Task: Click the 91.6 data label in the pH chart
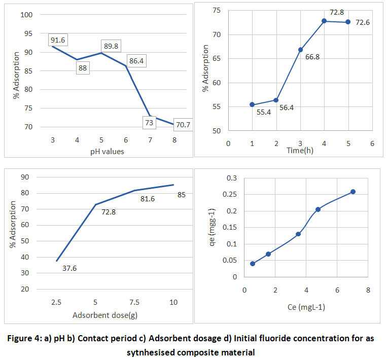tap(58, 40)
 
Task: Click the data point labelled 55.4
tap(252, 104)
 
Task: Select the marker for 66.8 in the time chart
tap(300, 50)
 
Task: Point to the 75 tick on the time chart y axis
tap(216, 11)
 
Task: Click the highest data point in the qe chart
tap(353, 192)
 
